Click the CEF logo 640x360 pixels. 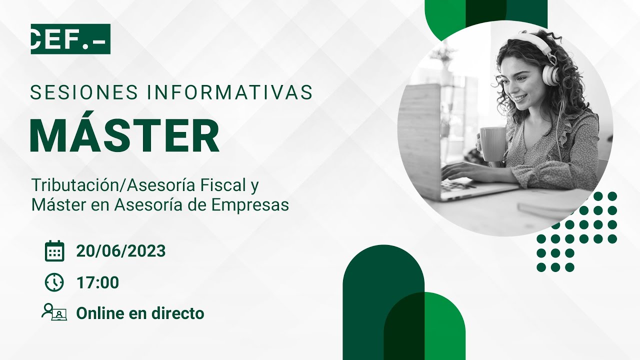tap(70, 39)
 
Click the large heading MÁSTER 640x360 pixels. tap(124, 136)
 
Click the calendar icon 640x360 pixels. tap(54, 251)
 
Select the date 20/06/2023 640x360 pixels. tap(120, 251)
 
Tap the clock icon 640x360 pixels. tap(54, 282)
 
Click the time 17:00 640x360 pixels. tap(97, 282)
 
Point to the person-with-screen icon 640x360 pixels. tap(54, 313)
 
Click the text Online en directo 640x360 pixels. tap(140, 313)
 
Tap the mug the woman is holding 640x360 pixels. tap(492, 144)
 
